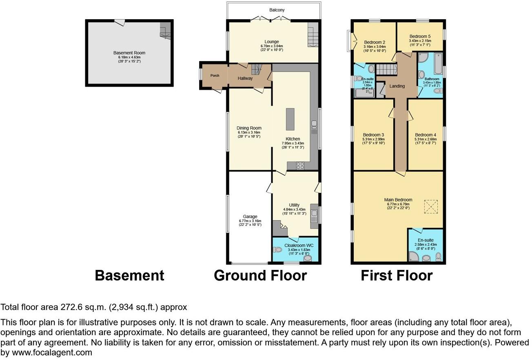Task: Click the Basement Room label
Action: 129,53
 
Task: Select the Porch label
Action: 215,76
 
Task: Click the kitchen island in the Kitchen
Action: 290,119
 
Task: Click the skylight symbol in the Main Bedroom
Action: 430,206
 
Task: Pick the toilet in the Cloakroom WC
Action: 277,250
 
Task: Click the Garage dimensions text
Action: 250,223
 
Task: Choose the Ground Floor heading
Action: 260,276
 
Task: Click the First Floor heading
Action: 396,276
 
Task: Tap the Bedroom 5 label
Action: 420,36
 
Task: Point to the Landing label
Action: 397,86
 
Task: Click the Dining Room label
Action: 249,128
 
